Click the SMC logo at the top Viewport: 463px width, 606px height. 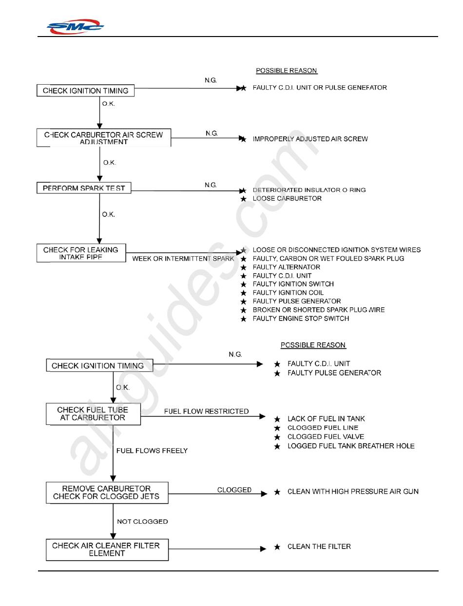click(x=75, y=27)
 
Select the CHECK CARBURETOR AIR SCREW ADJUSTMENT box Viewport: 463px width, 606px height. click(x=103, y=138)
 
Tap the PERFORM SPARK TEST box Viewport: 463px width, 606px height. click(x=84, y=188)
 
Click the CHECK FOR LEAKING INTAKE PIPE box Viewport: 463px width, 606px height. click(x=81, y=253)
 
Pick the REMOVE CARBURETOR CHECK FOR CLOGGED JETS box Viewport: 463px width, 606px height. click(x=107, y=492)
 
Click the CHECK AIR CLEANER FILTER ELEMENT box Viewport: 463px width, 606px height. click(x=107, y=549)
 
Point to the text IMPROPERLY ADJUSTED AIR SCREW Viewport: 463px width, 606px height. click(x=310, y=139)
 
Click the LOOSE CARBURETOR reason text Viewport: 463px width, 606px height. click(x=287, y=199)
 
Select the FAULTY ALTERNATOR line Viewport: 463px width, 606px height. click(x=286, y=267)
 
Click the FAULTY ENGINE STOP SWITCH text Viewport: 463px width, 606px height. click(x=301, y=319)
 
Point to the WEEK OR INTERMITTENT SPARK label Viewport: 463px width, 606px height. click(x=183, y=259)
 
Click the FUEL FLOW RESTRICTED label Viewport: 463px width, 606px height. click(x=206, y=412)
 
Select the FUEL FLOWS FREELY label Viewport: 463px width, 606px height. click(x=152, y=451)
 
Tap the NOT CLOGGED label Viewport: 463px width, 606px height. click(x=142, y=522)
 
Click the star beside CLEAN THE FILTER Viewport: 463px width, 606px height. click(x=277, y=547)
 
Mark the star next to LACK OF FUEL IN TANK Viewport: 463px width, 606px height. click(x=277, y=419)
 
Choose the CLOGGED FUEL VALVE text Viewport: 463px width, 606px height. click(x=326, y=437)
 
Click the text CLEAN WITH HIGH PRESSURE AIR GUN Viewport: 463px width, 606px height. click(x=353, y=492)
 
